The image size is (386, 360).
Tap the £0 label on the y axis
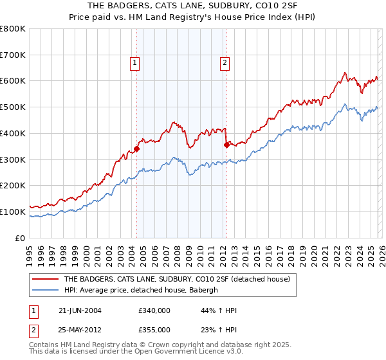coord(19,238)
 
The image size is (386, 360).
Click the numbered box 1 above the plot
coord(135,63)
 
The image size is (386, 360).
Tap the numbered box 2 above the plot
coord(225,63)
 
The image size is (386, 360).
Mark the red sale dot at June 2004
coord(137,149)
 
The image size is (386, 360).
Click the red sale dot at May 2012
coord(226,145)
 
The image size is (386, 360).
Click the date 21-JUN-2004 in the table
coord(80,310)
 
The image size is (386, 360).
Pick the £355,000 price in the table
coord(154,329)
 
